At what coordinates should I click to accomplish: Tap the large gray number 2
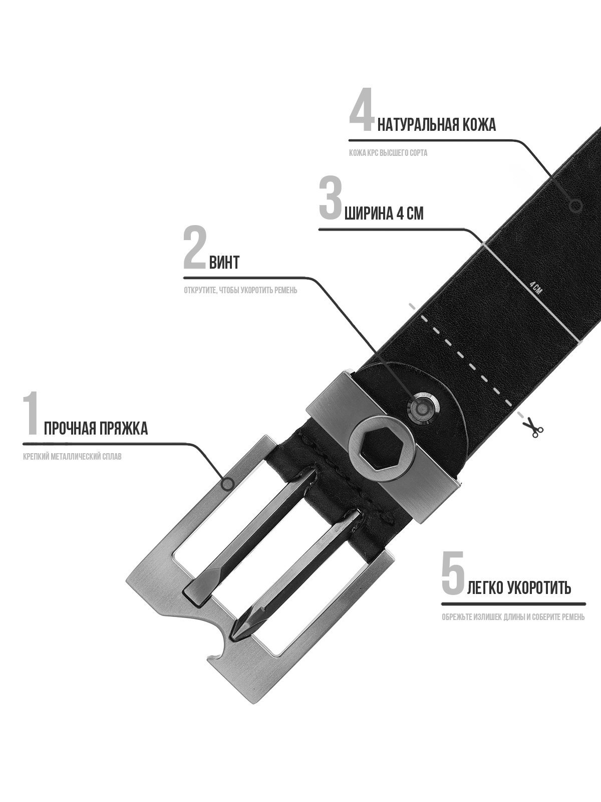point(195,247)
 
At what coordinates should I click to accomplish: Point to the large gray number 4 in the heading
point(362,109)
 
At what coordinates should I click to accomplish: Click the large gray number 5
point(453,572)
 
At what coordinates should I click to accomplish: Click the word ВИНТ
point(224,262)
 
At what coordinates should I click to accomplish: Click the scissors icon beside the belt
point(533,428)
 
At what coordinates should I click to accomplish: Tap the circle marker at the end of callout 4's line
point(576,206)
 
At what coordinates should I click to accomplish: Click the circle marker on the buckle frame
point(228,484)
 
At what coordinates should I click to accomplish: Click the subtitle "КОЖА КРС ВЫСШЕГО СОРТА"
point(388,153)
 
